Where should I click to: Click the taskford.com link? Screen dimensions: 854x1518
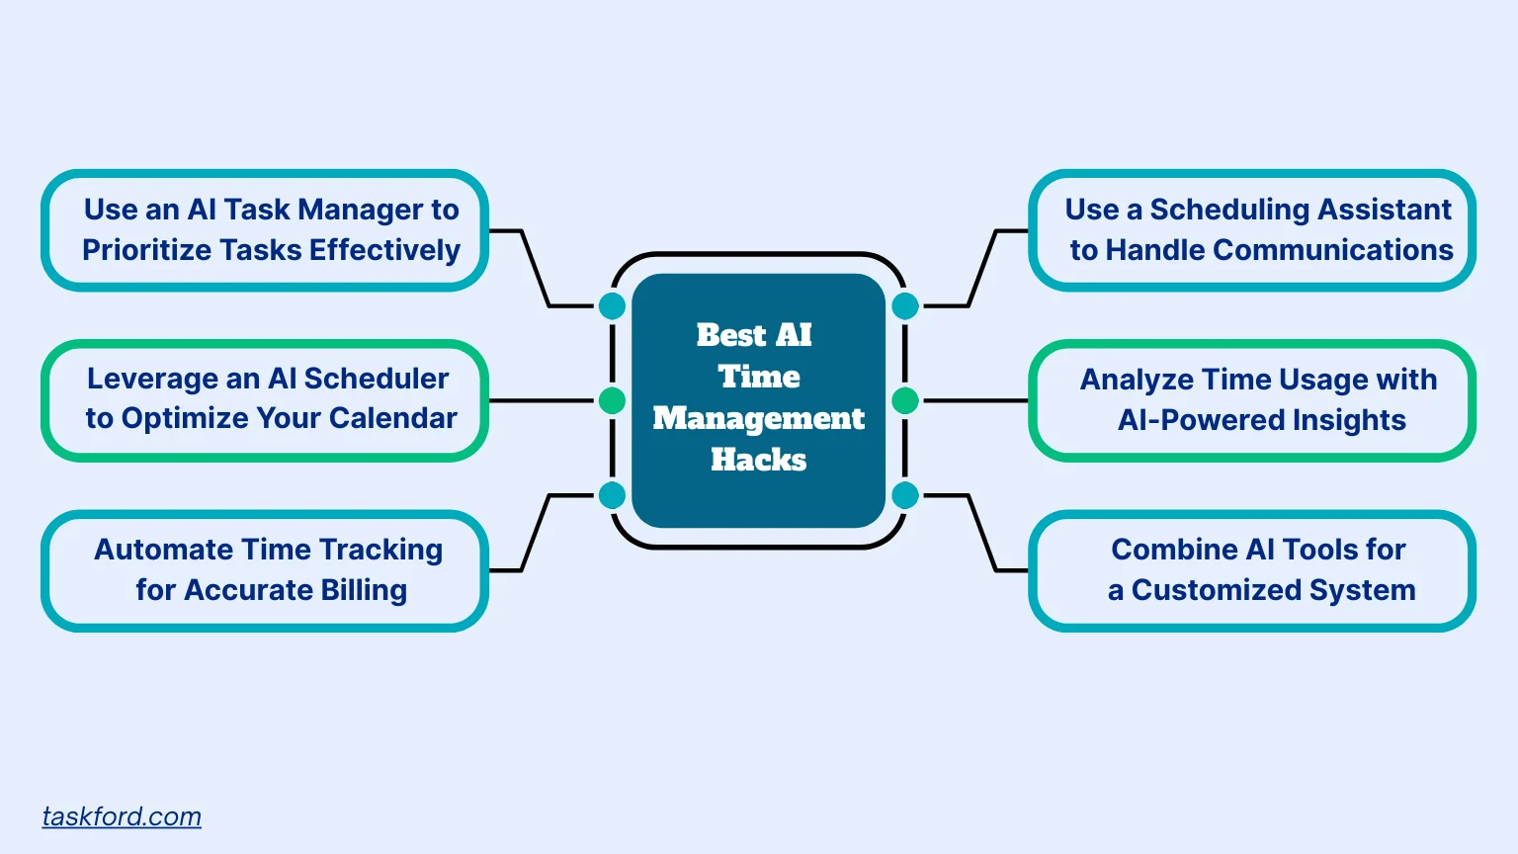click(122, 816)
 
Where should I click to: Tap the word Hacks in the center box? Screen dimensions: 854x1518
click(758, 460)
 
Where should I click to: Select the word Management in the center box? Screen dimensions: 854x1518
click(758, 418)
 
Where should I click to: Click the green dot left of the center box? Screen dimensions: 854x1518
click(613, 400)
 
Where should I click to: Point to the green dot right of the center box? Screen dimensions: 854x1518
click(905, 400)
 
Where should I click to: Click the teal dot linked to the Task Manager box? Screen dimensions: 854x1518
click(613, 306)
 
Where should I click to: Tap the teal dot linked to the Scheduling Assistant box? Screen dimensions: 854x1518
click(905, 306)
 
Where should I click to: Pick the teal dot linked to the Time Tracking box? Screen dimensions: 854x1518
click(613, 495)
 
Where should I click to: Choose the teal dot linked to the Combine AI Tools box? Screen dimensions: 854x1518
click(905, 495)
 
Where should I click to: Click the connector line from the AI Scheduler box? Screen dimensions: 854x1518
click(542, 400)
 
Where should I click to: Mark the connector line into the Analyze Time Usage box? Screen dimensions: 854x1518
click(974, 400)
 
